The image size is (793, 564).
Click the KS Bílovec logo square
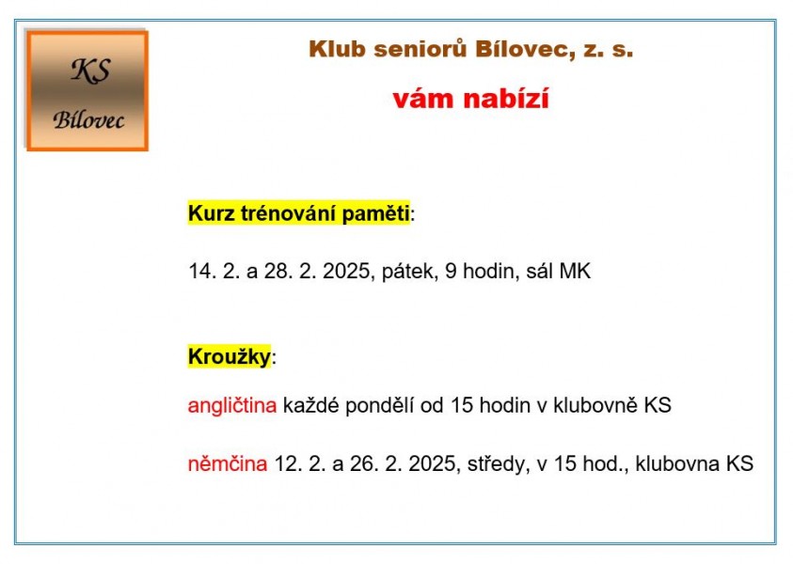(x=87, y=90)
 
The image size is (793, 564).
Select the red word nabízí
(x=506, y=98)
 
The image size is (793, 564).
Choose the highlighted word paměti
(x=375, y=213)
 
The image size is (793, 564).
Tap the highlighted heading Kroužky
(x=230, y=357)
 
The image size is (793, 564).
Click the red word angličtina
(x=232, y=406)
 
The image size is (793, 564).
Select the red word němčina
(x=228, y=463)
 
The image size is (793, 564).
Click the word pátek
(x=409, y=272)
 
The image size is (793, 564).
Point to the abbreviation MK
(x=575, y=272)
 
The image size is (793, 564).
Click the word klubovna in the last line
(x=677, y=463)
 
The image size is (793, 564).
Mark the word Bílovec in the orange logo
(x=88, y=120)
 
